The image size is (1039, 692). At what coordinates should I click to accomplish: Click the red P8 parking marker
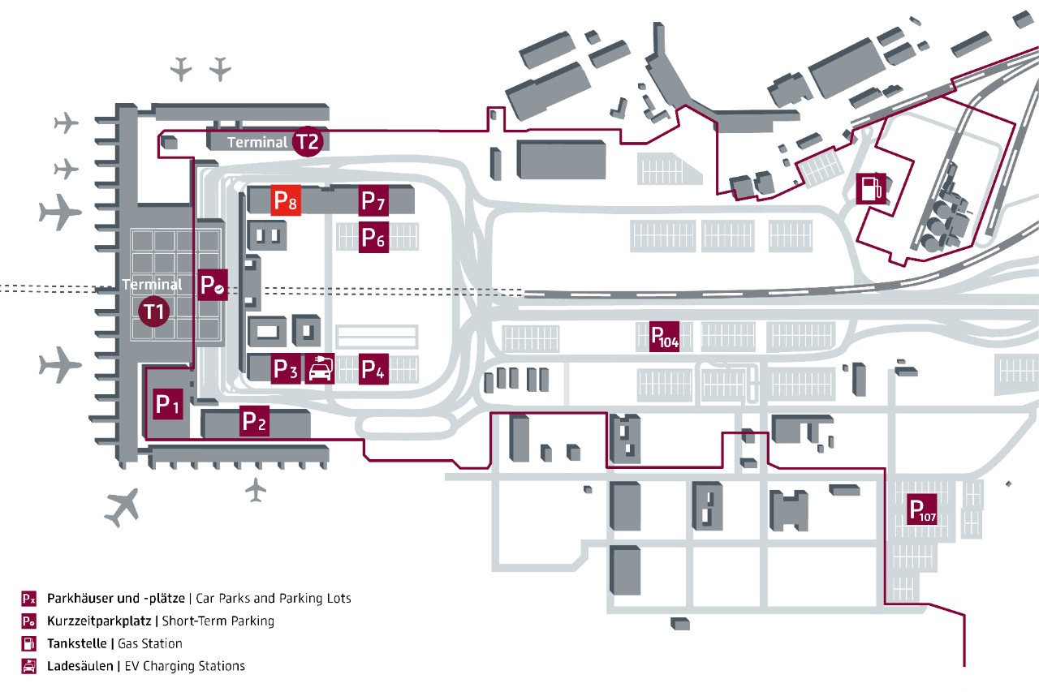[x=286, y=200]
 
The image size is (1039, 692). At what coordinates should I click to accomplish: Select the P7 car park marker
[x=374, y=200]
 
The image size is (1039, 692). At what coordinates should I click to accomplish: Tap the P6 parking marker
[x=374, y=238]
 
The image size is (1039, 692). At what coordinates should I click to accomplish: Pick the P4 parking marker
[x=374, y=369]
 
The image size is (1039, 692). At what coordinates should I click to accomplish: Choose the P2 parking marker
[x=254, y=422]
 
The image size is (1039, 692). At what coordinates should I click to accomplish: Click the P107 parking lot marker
[x=922, y=509]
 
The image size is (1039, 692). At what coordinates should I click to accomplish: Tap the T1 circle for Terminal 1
[x=154, y=312]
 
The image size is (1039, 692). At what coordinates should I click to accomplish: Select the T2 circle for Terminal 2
[x=308, y=141]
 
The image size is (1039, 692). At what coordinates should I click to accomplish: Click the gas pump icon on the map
[x=869, y=188]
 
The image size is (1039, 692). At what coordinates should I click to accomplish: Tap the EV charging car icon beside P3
[x=320, y=369]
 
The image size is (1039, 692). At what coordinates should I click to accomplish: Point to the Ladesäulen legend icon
[x=29, y=666]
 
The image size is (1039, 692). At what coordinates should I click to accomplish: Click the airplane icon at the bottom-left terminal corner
[x=123, y=506]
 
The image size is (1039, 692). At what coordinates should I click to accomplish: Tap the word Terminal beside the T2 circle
[x=257, y=143]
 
